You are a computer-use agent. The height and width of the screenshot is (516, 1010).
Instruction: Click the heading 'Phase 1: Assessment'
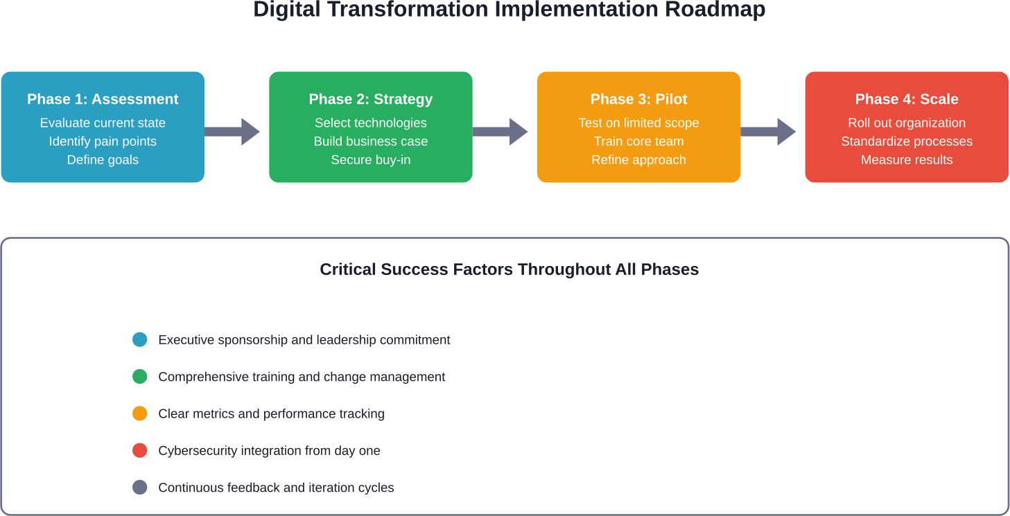[x=103, y=99]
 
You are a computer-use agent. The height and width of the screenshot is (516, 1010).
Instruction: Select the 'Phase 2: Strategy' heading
[x=371, y=99]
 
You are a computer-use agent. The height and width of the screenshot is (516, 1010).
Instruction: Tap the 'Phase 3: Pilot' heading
[x=638, y=99]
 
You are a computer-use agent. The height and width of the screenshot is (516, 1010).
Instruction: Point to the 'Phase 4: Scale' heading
[x=907, y=99]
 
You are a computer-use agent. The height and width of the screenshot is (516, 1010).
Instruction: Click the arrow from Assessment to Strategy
[x=232, y=132]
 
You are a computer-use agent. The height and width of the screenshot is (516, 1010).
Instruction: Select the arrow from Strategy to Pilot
[x=500, y=132]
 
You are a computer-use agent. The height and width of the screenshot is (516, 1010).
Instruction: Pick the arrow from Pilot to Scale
[x=769, y=132]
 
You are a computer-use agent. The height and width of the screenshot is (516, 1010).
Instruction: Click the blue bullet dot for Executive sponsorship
[x=140, y=340]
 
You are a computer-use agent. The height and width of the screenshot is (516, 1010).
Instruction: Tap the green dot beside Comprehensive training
[x=140, y=377]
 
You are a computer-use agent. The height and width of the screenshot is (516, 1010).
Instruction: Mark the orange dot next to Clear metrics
[x=140, y=413]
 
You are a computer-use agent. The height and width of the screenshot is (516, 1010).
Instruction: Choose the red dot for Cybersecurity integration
[x=140, y=451]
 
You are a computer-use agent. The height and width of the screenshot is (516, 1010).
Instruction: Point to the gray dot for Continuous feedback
[x=140, y=488]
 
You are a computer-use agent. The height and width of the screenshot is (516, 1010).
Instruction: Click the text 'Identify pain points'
[x=103, y=141]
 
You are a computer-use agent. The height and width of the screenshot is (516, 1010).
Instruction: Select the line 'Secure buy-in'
[x=371, y=160]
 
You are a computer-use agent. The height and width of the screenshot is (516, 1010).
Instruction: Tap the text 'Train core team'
[x=638, y=141]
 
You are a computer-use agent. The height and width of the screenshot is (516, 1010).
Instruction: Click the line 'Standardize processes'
[x=907, y=141]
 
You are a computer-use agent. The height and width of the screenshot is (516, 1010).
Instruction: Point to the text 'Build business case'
[x=371, y=141]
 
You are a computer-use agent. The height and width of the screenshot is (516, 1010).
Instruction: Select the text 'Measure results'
[x=907, y=160]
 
